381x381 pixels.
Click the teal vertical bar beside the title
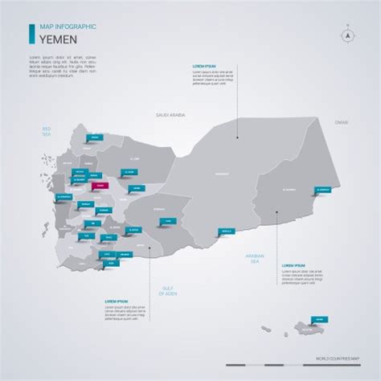click(x=32, y=33)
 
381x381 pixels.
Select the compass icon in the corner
click(x=347, y=35)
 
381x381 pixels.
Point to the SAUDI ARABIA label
click(x=170, y=116)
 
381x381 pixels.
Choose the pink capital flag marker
click(x=99, y=185)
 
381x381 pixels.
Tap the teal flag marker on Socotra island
click(x=319, y=319)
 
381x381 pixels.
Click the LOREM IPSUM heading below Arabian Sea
click(x=293, y=264)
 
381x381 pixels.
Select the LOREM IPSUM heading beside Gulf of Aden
click(x=117, y=302)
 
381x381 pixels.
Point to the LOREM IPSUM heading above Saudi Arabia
click(x=204, y=65)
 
